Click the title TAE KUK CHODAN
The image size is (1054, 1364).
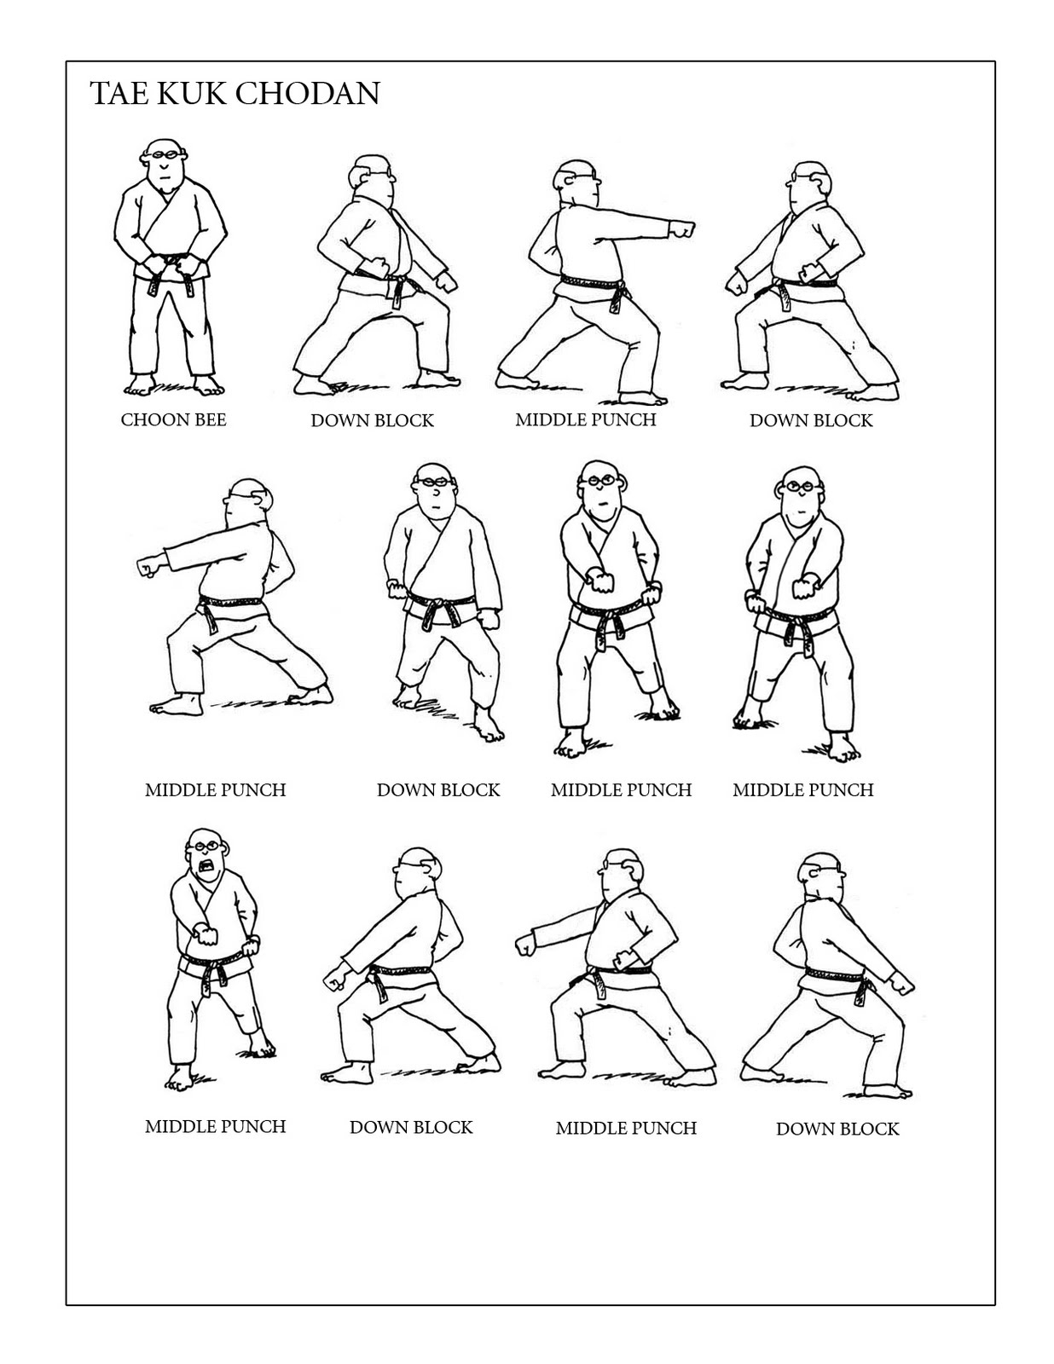[235, 93]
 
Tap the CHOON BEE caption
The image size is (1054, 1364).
[173, 419]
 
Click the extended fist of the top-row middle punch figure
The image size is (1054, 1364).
[683, 229]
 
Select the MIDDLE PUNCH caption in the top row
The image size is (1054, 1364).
[585, 419]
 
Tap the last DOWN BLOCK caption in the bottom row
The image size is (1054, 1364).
[837, 1129]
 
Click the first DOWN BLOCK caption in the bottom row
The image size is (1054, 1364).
[410, 1127]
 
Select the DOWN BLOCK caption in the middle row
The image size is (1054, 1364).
[437, 790]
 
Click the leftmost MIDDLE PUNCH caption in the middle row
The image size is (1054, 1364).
[215, 790]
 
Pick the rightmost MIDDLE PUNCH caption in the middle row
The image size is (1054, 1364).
[802, 790]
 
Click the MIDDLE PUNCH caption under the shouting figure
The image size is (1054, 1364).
[215, 1126]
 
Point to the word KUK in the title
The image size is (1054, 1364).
[195, 93]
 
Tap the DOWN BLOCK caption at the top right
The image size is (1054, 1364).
[810, 420]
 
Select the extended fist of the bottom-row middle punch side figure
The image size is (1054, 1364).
[525, 945]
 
